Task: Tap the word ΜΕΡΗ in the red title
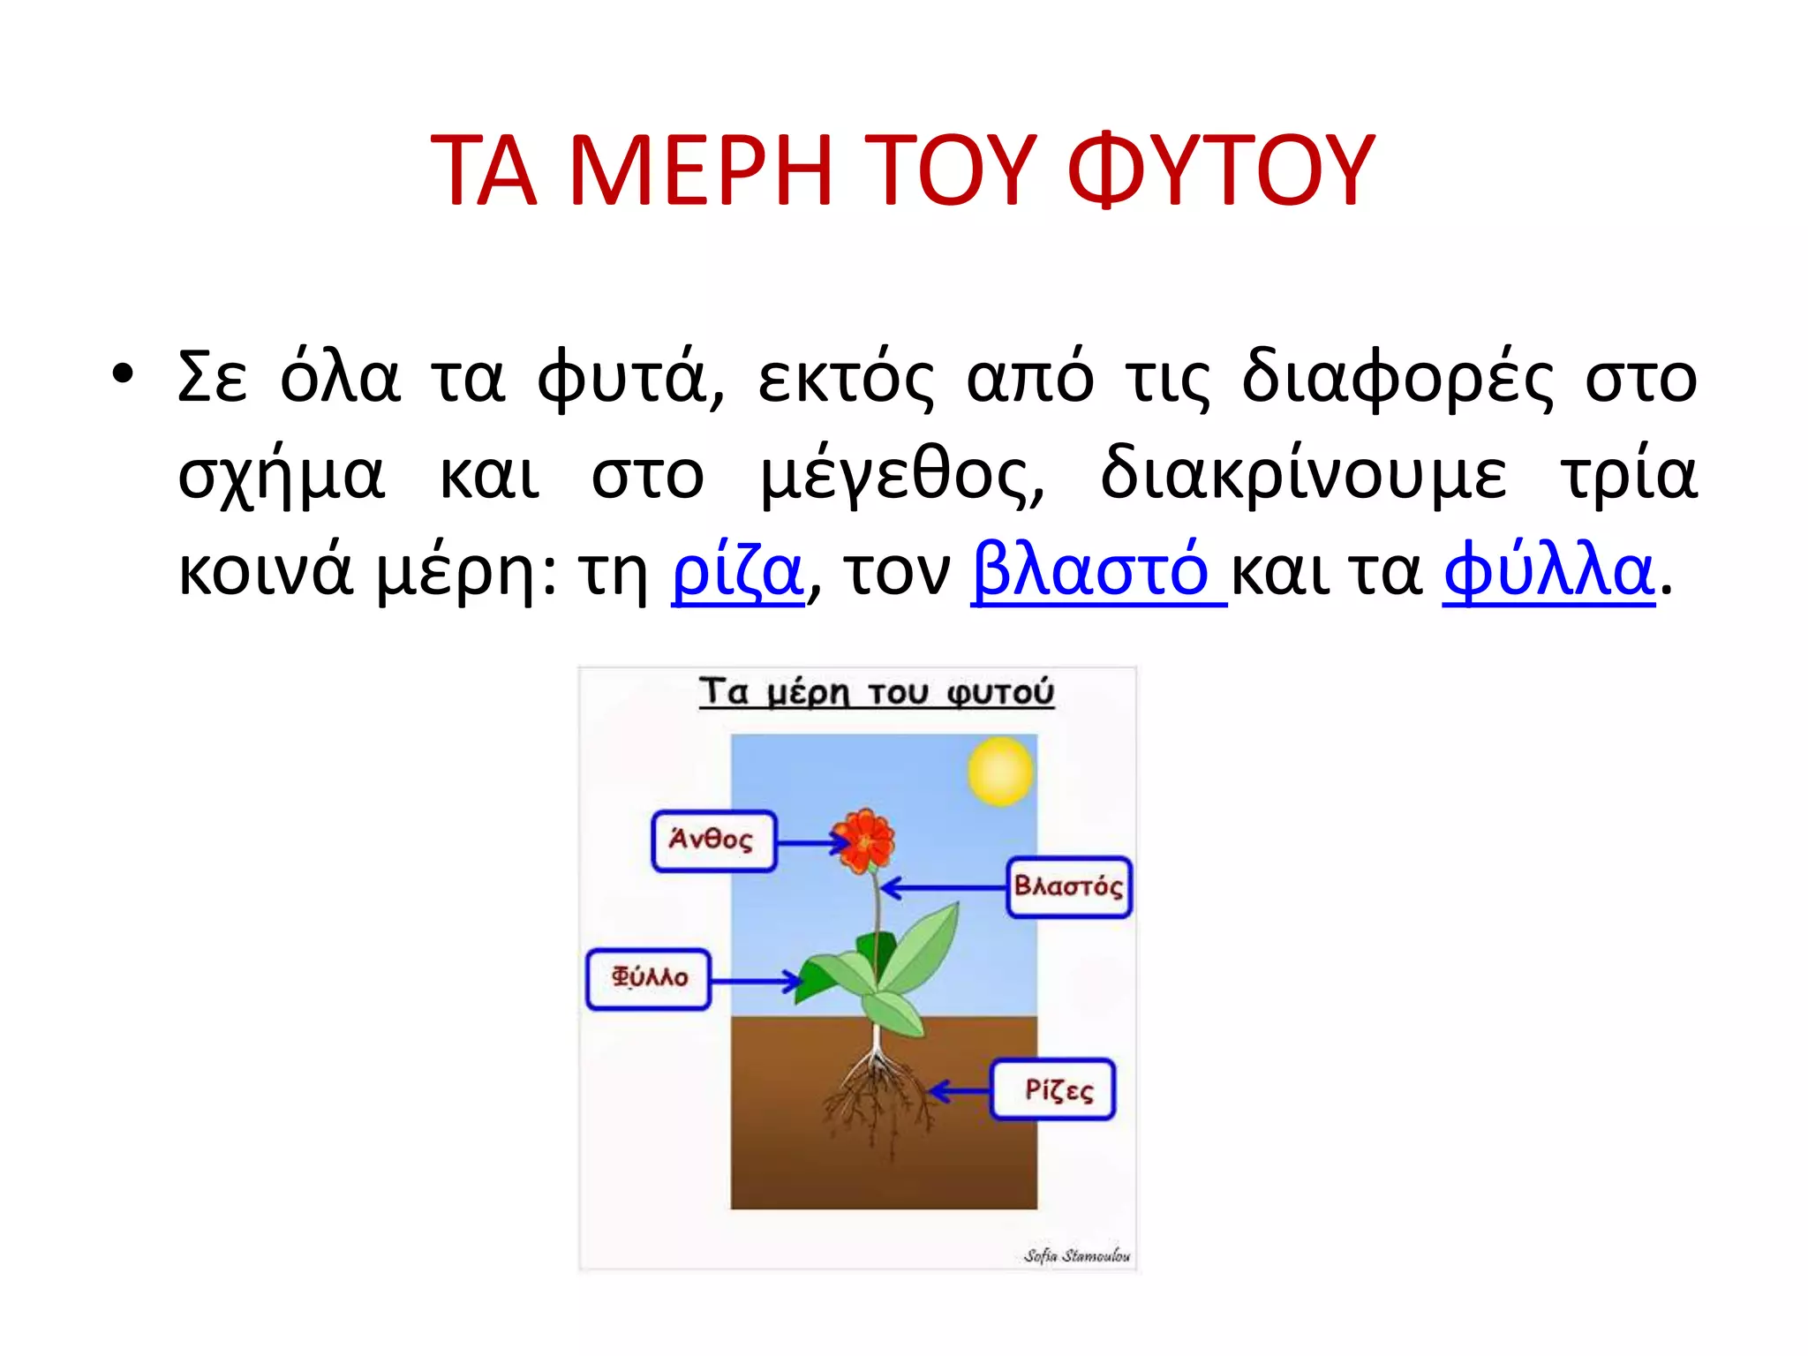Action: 702,170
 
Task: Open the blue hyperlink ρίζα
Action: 737,571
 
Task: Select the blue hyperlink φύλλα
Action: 1548,571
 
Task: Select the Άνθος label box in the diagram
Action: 713,840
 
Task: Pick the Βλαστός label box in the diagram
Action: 1068,886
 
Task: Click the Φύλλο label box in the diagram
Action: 649,978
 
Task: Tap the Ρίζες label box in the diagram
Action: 1053,1090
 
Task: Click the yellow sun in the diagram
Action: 1000,772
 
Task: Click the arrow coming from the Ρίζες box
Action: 960,1092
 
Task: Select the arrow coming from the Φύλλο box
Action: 756,980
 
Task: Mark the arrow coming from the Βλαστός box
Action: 943,887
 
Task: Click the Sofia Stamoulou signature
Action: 1076,1254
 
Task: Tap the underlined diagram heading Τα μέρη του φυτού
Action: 876,691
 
